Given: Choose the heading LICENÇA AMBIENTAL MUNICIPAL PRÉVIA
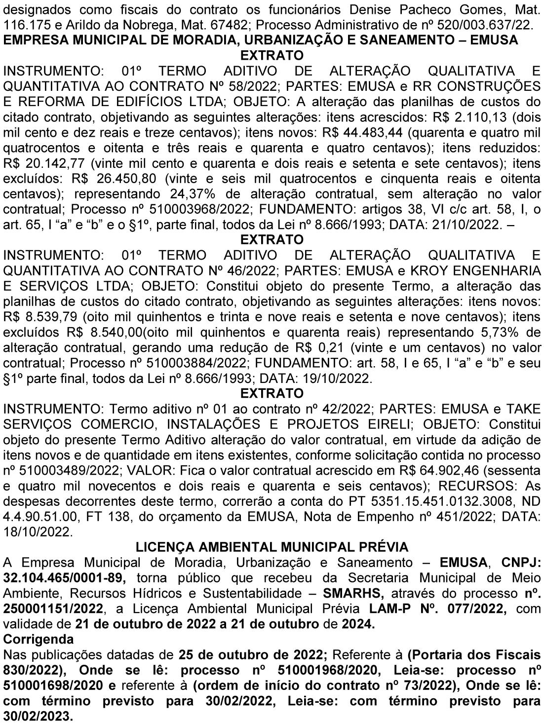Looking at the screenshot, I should click(272, 547).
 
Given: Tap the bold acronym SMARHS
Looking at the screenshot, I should click(350, 593).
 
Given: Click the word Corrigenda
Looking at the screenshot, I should click(39, 639).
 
